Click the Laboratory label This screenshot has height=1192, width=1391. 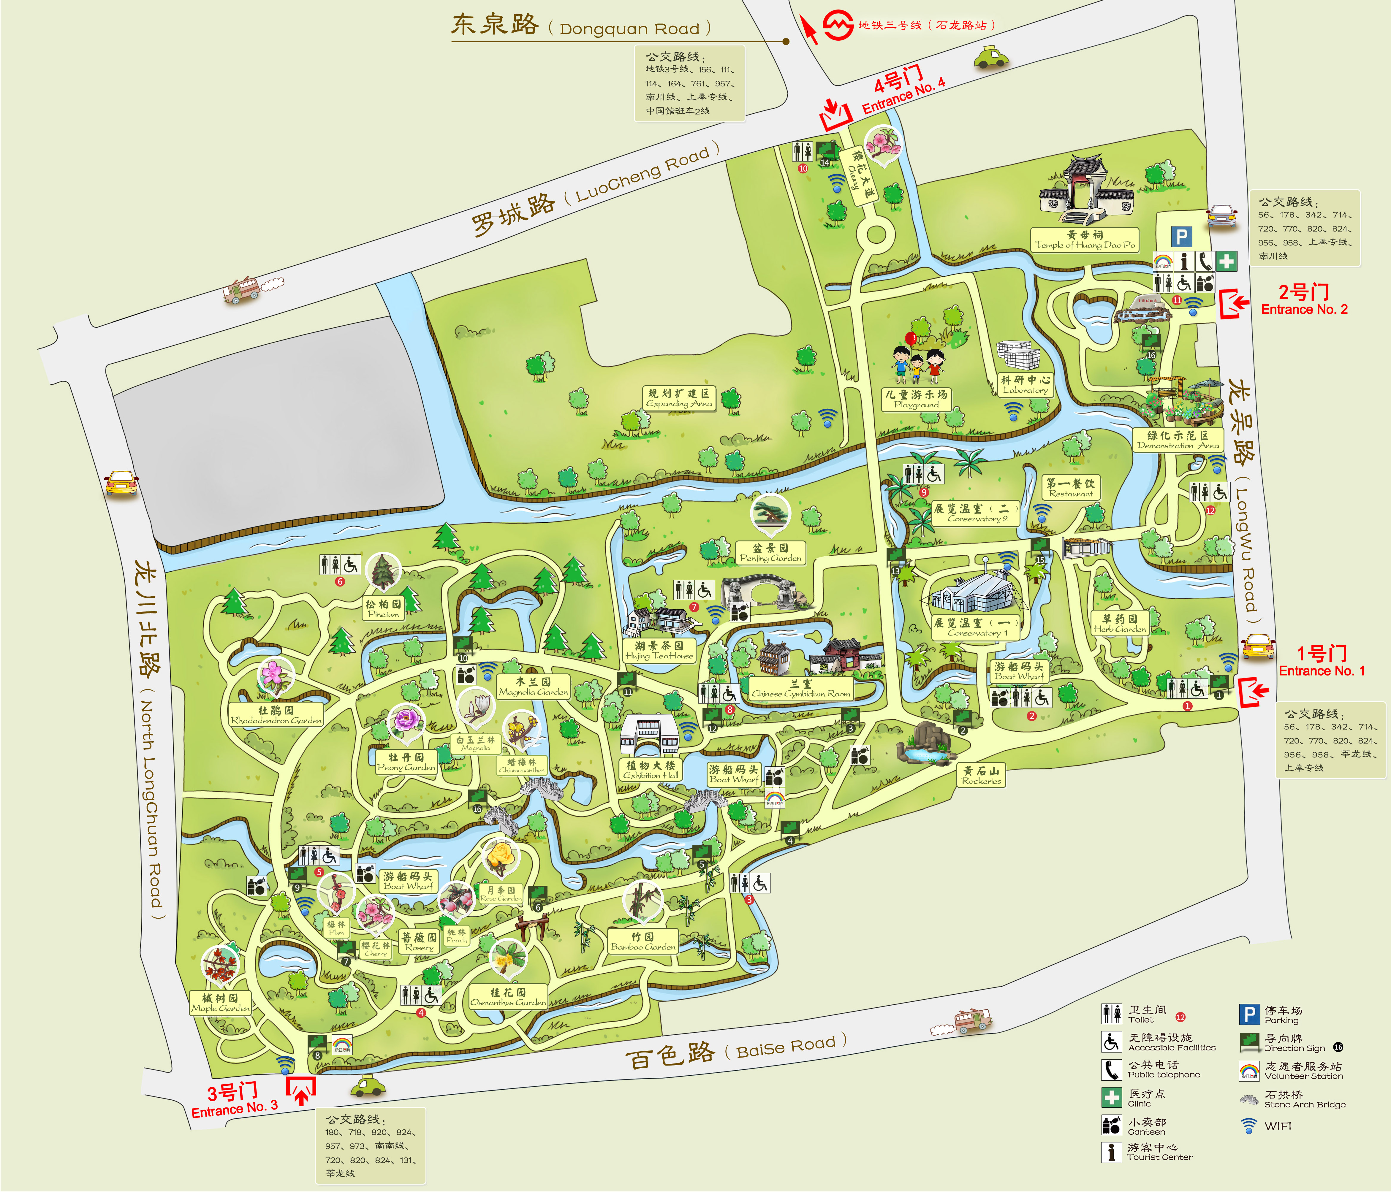pos(1025,385)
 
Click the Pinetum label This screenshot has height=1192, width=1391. pos(383,609)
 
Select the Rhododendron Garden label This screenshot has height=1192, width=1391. pos(276,715)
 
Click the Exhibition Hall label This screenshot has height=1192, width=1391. pos(651,770)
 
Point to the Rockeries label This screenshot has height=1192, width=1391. pos(981,776)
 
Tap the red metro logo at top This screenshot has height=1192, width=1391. pos(838,25)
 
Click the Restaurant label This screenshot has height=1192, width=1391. pos(1071,488)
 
